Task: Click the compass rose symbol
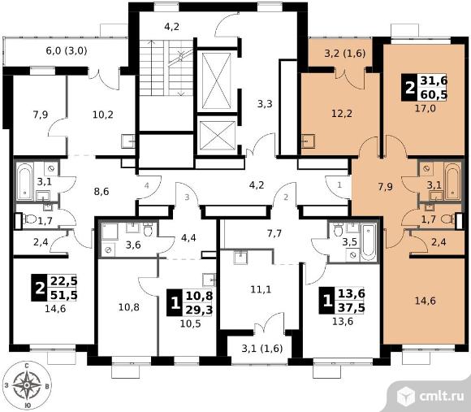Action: pos(27,385)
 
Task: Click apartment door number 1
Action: pos(339,185)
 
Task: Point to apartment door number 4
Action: pos(147,186)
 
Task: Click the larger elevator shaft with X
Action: pos(216,80)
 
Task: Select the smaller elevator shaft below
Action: pos(217,135)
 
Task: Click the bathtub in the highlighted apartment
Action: pos(452,181)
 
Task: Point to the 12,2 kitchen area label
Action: pos(342,114)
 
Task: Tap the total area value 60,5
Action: pos(434,94)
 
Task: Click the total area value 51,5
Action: pos(64,295)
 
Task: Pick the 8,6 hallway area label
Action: pos(102,192)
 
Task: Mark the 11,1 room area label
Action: pos(261,289)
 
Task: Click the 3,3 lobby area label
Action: pos(265,104)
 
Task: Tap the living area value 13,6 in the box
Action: pos(352,293)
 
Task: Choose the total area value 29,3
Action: pos(199,310)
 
